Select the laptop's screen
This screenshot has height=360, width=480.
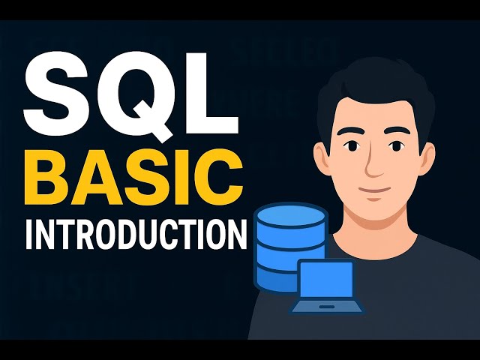tap(326, 279)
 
